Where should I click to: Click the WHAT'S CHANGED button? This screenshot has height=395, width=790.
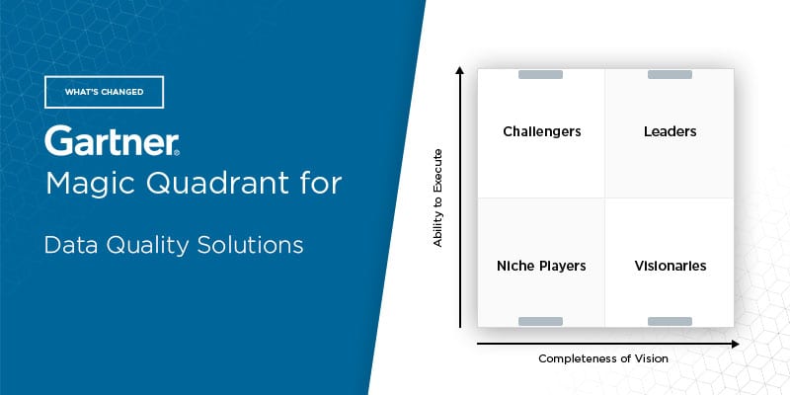[x=105, y=92]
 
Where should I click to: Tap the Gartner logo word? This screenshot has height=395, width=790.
[x=112, y=140]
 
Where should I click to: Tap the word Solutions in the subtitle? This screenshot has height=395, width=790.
[x=250, y=245]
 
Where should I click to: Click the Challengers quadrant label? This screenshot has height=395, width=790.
[x=541, y=132]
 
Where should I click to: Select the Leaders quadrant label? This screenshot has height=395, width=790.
[x=671, y=131]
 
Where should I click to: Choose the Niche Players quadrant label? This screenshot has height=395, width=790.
[x=541, y=266]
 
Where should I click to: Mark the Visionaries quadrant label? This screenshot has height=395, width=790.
[x=671, y=266]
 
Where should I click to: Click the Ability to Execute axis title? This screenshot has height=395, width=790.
[x=437, y=198]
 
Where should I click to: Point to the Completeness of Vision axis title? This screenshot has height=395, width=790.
[x=603, y=358]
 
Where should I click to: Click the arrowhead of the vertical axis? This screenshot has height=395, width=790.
[x=459, y=70]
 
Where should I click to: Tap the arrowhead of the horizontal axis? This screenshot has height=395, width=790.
[x=735, y=344]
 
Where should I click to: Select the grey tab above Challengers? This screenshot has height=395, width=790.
[x=540, y=75]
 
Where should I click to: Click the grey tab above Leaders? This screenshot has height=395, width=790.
[x=670, y=75]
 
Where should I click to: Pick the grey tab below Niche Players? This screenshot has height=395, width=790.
[x=540, y=322]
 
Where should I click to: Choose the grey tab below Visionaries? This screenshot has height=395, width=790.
[x=670, y=322]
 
